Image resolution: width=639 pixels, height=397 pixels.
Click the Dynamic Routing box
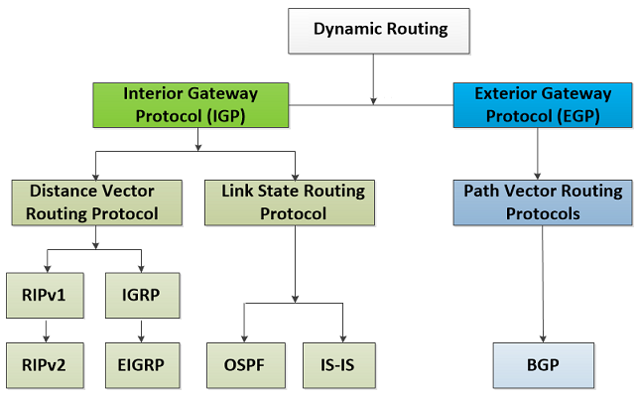tap(379, 31)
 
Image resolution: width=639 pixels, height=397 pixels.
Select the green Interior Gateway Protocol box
tap(191, 105)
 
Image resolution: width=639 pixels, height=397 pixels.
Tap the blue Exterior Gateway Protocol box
tap(543, 105)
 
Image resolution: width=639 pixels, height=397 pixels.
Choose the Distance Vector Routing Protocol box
tap(97, 202)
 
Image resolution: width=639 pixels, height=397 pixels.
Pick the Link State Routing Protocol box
tap(290, 202)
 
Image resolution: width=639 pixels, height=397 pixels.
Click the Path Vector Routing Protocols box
tap(543, 202)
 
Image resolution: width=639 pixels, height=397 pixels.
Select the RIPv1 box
tap(45, 296)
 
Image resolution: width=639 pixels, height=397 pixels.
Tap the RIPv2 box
tap(45, 365)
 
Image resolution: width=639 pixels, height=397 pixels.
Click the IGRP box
tap(143, 296)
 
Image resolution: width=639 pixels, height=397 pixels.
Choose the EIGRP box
tap(143, 365)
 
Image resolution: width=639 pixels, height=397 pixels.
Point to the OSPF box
tap(246, 365)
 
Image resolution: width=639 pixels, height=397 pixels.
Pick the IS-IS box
tap(339, 365)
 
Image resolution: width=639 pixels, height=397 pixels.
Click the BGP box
tap(543, 365)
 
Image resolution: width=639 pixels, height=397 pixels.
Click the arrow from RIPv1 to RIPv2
tap(46, 331)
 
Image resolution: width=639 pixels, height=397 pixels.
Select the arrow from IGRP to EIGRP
tap(142, 331)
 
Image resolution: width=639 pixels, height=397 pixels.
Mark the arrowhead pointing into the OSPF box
tap(244, 338)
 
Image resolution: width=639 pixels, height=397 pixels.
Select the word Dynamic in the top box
tap(347, 30)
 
